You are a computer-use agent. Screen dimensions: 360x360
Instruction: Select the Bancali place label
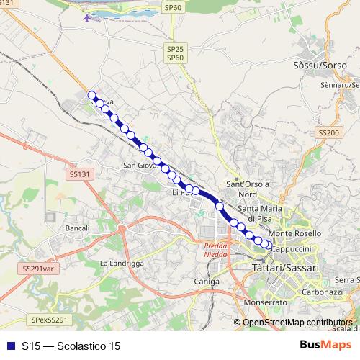(77, 228)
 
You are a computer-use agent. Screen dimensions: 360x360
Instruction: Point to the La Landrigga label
(122, 264)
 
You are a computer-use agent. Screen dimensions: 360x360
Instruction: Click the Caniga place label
(205, 282)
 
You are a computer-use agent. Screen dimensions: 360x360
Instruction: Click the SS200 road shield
(328, 133)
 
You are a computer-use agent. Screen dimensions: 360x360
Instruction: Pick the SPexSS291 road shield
(49, 320)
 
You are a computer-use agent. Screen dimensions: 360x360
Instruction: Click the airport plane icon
(89, 17)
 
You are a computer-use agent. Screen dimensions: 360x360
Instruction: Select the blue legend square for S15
(10, 346)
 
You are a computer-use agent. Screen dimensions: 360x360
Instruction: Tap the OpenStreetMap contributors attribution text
(297, 323)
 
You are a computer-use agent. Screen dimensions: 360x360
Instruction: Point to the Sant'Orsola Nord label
(248, 189)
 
